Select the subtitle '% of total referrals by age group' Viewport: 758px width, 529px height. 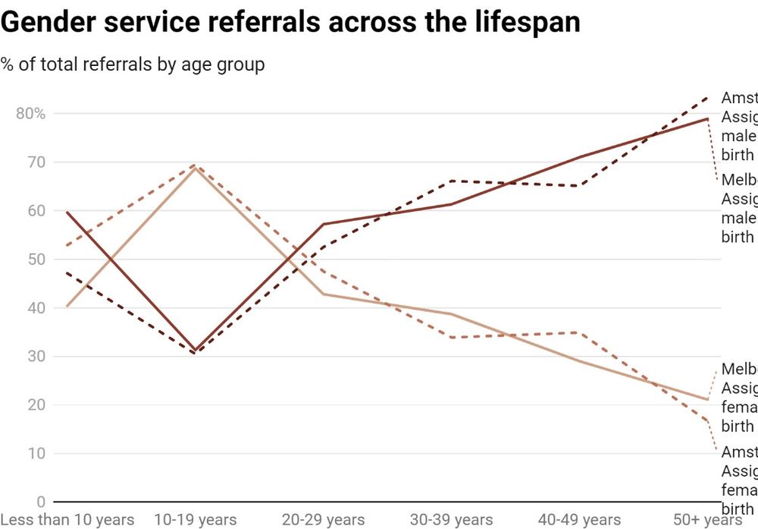133,65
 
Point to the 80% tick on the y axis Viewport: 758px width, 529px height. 30,114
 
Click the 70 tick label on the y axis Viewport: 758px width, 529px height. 36,162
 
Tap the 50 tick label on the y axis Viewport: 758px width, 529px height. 36,260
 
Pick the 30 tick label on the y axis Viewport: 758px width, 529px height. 36,357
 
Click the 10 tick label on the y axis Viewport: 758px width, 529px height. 36,454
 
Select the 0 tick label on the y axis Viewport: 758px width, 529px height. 40,502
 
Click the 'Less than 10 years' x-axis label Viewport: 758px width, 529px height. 67,520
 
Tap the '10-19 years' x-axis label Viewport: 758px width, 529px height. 196,520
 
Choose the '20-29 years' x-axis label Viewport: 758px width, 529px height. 324,520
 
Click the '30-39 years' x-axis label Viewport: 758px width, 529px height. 452,520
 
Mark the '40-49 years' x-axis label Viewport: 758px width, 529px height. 580,520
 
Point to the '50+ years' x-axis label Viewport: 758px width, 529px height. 706,520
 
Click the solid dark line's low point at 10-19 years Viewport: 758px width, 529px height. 196,351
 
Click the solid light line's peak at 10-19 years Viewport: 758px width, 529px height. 196,168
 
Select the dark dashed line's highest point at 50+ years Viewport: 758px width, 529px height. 708,97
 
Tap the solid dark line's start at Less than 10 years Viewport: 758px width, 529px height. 67,212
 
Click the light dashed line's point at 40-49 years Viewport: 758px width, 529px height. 580,332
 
